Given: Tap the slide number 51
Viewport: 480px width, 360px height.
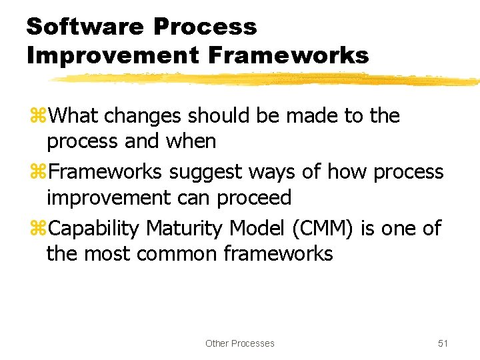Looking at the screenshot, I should point(443,343).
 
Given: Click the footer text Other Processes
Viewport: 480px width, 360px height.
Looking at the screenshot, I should point(240,343).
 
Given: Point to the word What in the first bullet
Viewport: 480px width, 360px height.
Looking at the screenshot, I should point(74,116).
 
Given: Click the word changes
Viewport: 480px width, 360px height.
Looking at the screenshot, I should point(143,116).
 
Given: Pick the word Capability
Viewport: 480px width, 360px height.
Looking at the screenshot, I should point(94,229).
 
